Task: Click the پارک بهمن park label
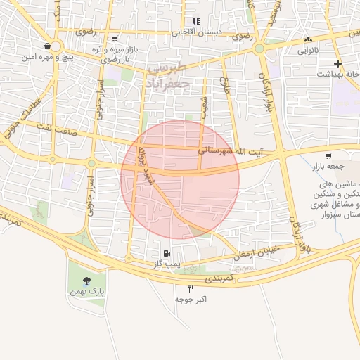pyautogui.click(x=87, y=291)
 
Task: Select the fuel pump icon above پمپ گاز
pyautogui.click(x=167, y=253)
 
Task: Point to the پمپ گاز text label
pyautogui.click(x=167, y=264)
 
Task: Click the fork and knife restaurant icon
pyautogui.click(x=191, y=289)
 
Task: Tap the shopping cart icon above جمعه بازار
pyautogui.click(x=328, y=155)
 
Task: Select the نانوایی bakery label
pyautogui.click(x=308, y=51)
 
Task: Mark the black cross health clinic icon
pyautogui.click(x=338, y=63)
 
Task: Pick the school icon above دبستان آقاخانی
pyautogui.click(x=196, y=21)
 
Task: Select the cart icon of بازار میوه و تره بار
pyautogui.click(x=115, y=39)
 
